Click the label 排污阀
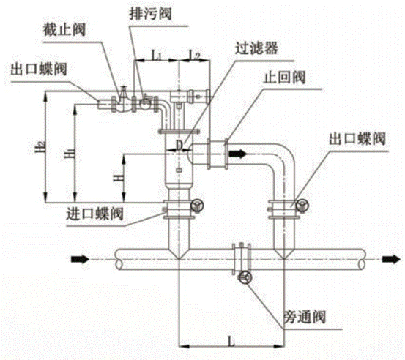tap(150, 14)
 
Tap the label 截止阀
tap(64, 29)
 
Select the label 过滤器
tap(256, 48)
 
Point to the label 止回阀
tap(284, 77)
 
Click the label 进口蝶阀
tap(94, 214)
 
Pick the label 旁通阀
tap(305, 317)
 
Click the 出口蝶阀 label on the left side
tap(39, 69)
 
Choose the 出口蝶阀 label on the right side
tap(357, 138)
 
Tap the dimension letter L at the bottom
tap(231, 341)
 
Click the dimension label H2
tap(40, 147)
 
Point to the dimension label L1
tap(156, 56)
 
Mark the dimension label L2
tap(194, 55)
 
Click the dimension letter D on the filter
tap(179, 145)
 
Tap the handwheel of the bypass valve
tap(245, 278)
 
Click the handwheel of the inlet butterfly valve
tap(197, 206)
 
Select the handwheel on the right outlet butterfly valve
tap(302, 206)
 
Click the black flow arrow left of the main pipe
tap(80, 259)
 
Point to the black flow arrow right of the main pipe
tap(391, 259)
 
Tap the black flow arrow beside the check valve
tap(238, 154)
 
